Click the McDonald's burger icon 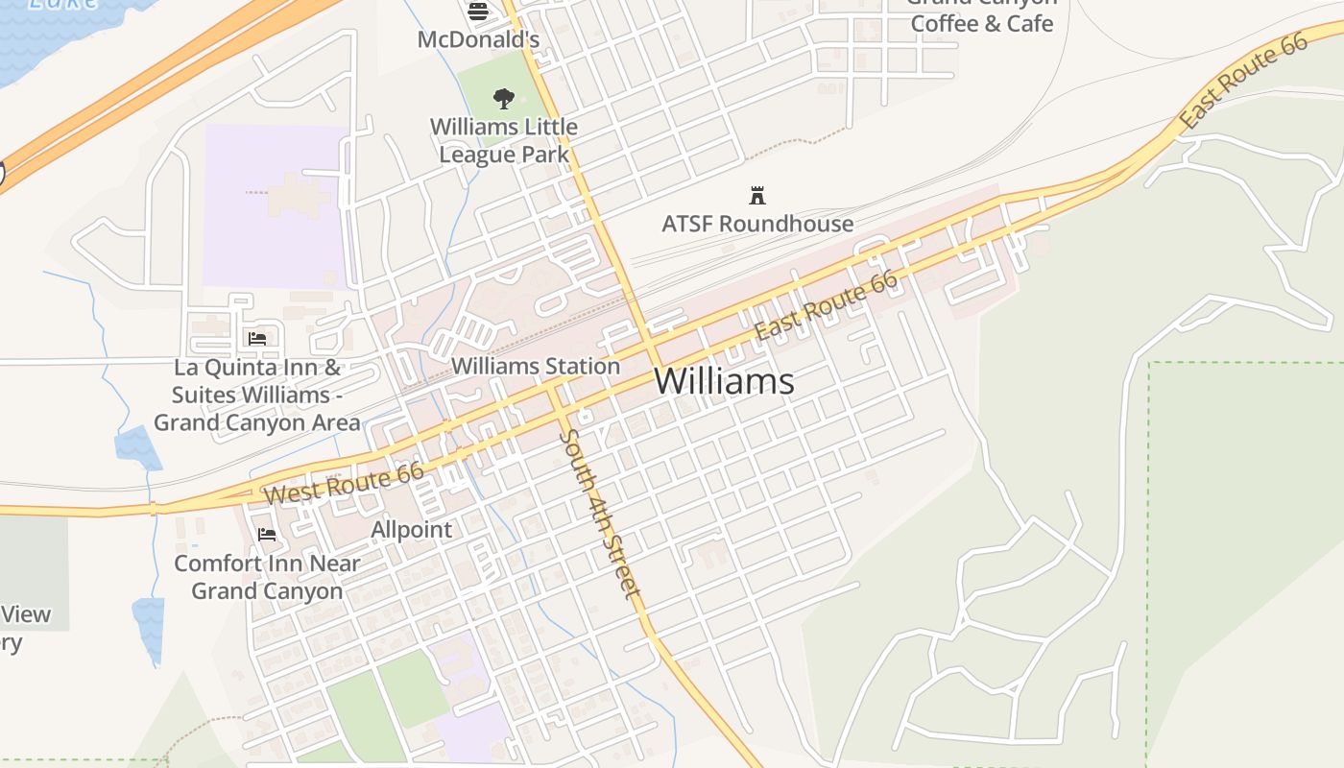point(478,12)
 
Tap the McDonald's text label point(478,40)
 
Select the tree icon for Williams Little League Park point(503,98)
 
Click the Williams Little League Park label point(504,140)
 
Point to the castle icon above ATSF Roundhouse point(757,196)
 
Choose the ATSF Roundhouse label point(757,224)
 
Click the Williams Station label point(536,366)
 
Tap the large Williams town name point(724,381)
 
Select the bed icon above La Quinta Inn point(257,338)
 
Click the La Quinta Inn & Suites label point(257,395)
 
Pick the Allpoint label point(412,529)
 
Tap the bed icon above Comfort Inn point(267,534)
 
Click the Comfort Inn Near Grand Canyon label point(267,577)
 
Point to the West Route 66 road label point(345,484)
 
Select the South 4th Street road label point(600,514)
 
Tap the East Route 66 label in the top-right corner point(1244,81)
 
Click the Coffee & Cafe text point(981,23)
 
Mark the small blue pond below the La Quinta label point(137,447)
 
